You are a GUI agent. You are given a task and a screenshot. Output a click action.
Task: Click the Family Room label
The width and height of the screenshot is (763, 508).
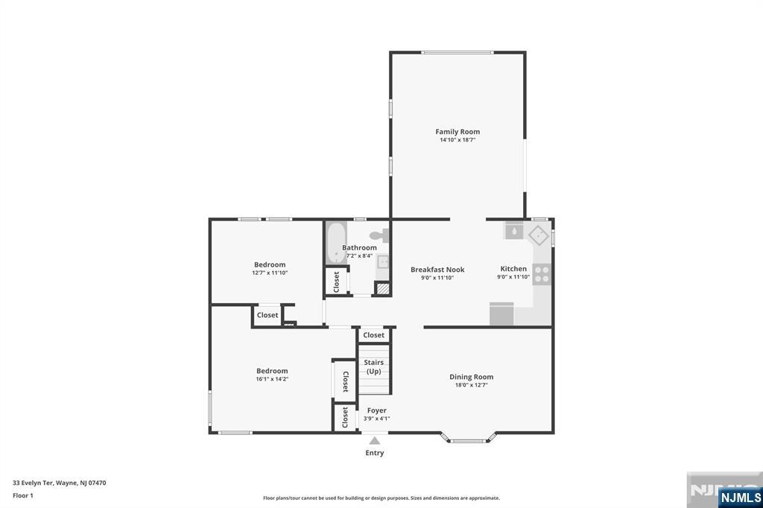(458, 131)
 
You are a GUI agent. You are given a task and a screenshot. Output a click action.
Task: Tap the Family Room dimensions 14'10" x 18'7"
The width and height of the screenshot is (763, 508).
(458, 140)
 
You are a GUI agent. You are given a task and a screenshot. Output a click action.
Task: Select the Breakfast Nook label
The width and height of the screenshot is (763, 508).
(437, 270)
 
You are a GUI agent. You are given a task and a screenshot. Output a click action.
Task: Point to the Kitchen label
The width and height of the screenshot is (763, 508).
(513, 269)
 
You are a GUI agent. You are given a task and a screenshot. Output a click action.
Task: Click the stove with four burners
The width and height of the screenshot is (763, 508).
(542, 274)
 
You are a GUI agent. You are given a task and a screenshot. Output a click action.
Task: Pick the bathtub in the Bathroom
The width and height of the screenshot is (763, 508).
(335, 243)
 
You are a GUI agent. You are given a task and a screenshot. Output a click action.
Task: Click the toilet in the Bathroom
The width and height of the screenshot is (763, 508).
(379, 236)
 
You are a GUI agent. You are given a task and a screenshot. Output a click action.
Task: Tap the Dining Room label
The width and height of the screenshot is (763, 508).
(471, 377)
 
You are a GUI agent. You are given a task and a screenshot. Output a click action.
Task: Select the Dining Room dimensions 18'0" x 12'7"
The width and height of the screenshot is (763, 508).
(471, 385)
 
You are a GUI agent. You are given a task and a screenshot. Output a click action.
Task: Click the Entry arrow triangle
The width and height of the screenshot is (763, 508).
(374, 441)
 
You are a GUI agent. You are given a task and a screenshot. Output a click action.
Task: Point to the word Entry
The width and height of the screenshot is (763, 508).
(375, 453)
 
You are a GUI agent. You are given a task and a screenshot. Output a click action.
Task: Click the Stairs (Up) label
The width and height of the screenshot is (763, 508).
(374, 367)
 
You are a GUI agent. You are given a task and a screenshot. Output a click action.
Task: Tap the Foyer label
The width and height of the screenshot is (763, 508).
(376, 410)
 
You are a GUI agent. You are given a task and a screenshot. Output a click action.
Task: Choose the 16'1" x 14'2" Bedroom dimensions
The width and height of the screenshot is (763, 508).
(272, 379)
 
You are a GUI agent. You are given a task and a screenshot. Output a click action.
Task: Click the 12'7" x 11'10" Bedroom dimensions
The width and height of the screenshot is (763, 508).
(270, 273)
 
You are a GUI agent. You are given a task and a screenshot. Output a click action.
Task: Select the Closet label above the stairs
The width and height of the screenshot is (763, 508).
(374, 334)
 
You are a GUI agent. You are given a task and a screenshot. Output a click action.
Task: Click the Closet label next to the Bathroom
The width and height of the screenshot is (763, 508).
(336, 282)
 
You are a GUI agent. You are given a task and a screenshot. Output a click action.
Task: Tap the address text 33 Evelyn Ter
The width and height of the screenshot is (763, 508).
(33, 483)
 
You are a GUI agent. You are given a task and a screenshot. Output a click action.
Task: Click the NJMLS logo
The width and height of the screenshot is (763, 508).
(740, 497)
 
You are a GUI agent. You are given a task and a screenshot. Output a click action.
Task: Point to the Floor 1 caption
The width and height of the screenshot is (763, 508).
(23, 496)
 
